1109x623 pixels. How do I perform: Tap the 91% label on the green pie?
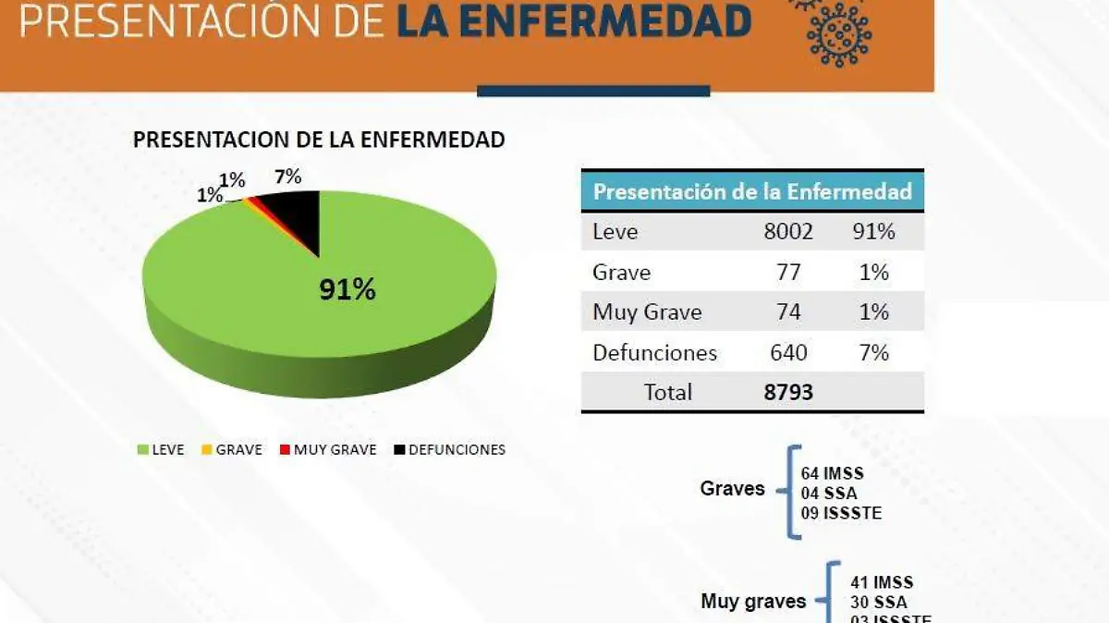point(347,290)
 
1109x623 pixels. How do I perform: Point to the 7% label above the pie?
point(287,177)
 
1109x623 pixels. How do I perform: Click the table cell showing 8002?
point(788,232)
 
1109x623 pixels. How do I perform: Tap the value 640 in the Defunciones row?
point(788,352)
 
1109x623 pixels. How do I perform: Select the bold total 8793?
point(788,392)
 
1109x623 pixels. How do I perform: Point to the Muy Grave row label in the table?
point(647,312)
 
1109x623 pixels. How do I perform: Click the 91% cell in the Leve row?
point(873,232)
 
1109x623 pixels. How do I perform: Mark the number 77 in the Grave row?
point(788,273)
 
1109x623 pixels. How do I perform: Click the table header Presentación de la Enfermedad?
point(752,192)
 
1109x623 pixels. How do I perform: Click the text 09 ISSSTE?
point(841,512)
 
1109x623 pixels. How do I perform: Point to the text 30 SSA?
point(879,602)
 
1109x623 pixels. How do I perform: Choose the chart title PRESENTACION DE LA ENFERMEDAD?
point(319,140)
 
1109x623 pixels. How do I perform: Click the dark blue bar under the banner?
point(593,91)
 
